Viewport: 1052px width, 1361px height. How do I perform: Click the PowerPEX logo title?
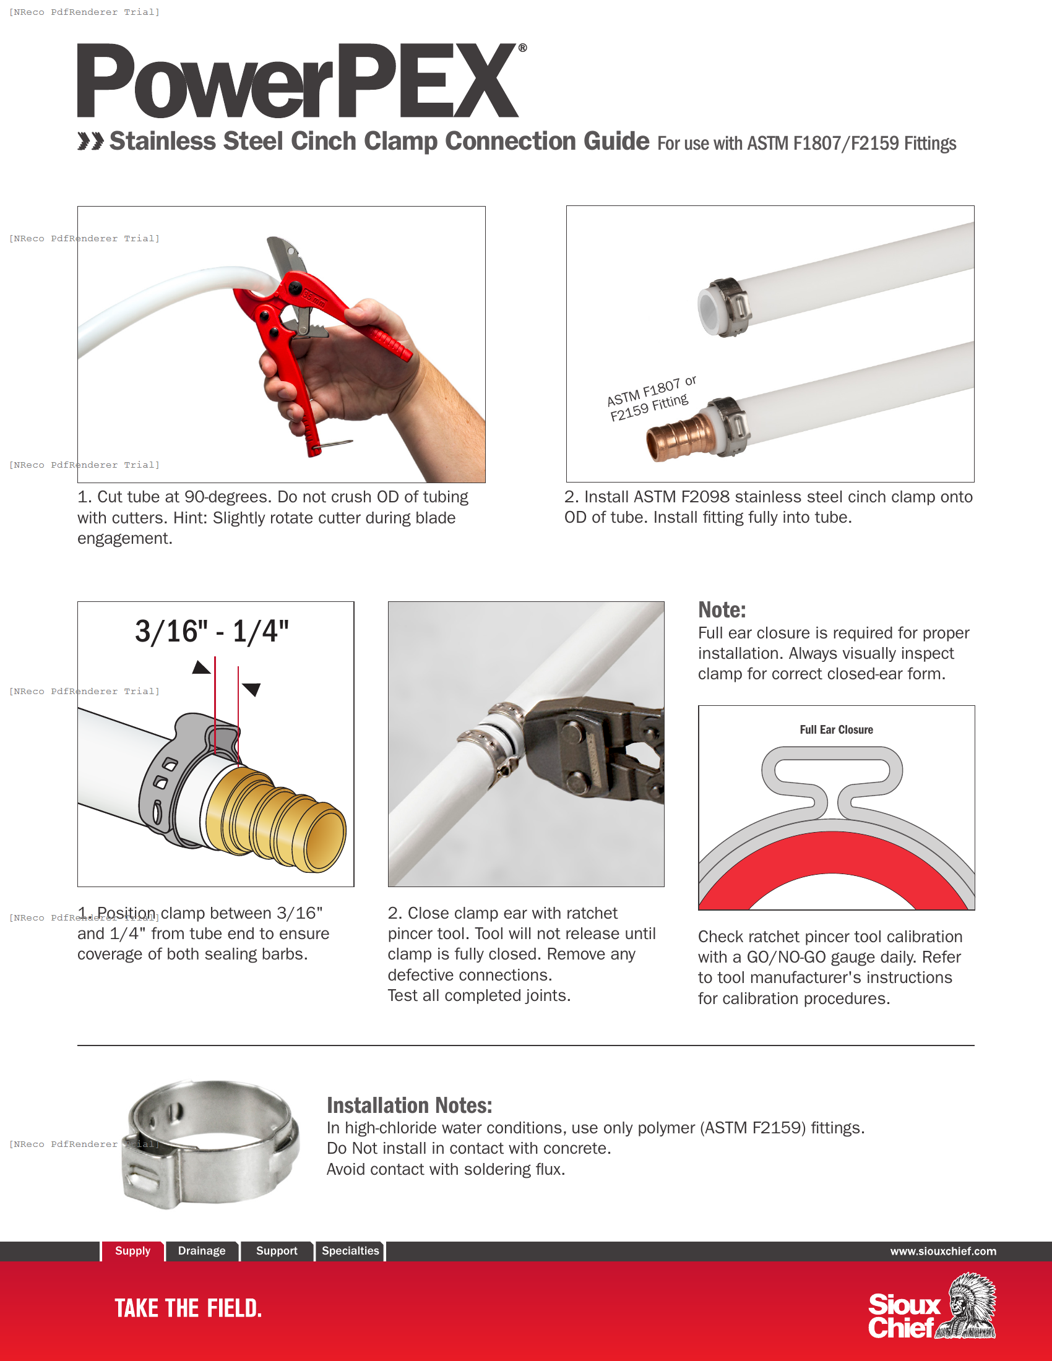pyautogui.click(x=298, y=81)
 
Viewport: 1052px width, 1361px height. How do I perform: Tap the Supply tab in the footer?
pyautogui.click(x=132, y=1251)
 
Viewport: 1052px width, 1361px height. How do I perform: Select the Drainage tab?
pyautogui.click(x=201, y=1251)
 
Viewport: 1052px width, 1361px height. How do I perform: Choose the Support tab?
pyautogui.click(x=277, y=1251)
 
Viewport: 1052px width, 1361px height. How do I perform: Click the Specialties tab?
pyautogui.click(x=350, y=1251)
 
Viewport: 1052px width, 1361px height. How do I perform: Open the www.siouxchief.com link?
pyautogui.click(x=942, y=1252)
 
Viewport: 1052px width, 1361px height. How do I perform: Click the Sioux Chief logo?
pyautogui.click(x=932, y=1307)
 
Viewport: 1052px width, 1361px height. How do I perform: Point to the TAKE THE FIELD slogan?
pyautogui.click(x=188, y=1308)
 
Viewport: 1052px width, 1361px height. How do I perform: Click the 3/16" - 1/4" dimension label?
pyautogui.click(x=212, y=631)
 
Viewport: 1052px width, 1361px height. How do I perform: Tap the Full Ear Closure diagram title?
pyautogui.click(x=836, y=729)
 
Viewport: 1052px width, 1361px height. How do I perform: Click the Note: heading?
pyautogui.click(x=722, y=609)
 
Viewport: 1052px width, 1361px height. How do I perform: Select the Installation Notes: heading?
pyautogui.click(x=409, y=1106)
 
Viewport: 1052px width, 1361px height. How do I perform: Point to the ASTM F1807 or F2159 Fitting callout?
pyautogui.click(x=650, y=399)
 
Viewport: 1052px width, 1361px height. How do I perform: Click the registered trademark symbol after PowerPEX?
pyautogui.click(x=522, y=48)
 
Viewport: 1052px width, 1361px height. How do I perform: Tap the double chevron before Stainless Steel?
pyautogui.click(x=90, y=142)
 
